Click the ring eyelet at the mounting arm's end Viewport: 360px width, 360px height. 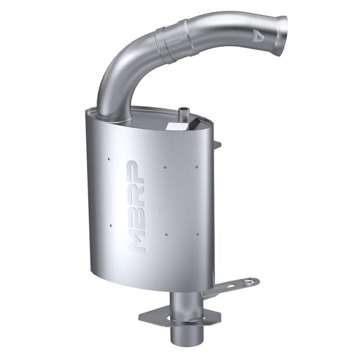click(x=250, y=281)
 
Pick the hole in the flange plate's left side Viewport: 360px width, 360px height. click(x=150, y=315)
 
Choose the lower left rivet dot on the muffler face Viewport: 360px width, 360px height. click(x=109, y=226)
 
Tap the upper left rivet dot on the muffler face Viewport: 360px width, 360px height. click(x=109, y=159)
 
